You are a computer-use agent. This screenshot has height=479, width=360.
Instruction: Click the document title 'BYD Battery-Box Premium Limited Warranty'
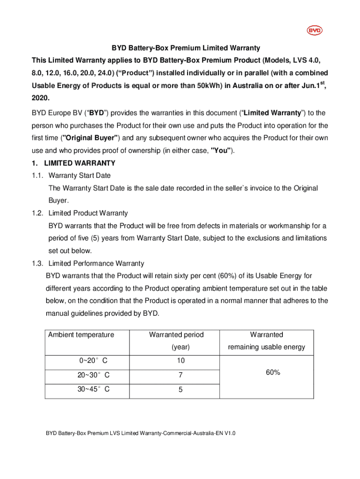pyautogui.click(x=186, y=48)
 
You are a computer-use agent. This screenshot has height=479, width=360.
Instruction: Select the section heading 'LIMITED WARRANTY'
pyautogui.click(x=79, y=163)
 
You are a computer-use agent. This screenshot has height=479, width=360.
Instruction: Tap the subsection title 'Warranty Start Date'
pyautogui.click(x=79, y=175)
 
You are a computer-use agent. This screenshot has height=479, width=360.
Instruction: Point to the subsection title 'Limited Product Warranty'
pyautogui.click(x=88, y=213)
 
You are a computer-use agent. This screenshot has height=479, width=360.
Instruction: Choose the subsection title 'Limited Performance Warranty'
pyautogui.click(x=96, y=263)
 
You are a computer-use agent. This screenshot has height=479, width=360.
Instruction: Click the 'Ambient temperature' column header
pyautogui.click(x=81, y=334)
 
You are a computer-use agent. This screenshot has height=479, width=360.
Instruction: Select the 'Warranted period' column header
pyautogui.click(x=176, y=334)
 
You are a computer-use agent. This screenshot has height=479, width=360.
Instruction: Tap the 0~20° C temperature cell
pyautogui.click(x=94, y=361)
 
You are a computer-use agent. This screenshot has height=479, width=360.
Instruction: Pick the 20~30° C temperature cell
pyautogui.click(x=94, y=375)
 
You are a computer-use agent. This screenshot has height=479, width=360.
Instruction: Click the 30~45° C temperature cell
pyautogui.click(x=94, y=389)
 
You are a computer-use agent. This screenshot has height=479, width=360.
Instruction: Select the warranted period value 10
pyautogui.click(x=180, y=361)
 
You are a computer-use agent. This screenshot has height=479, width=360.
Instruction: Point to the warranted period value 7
pyautogui.click(x=180, y=375)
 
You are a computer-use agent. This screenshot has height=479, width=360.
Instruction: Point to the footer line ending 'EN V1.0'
pyautogui.click(x=140, y=433)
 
